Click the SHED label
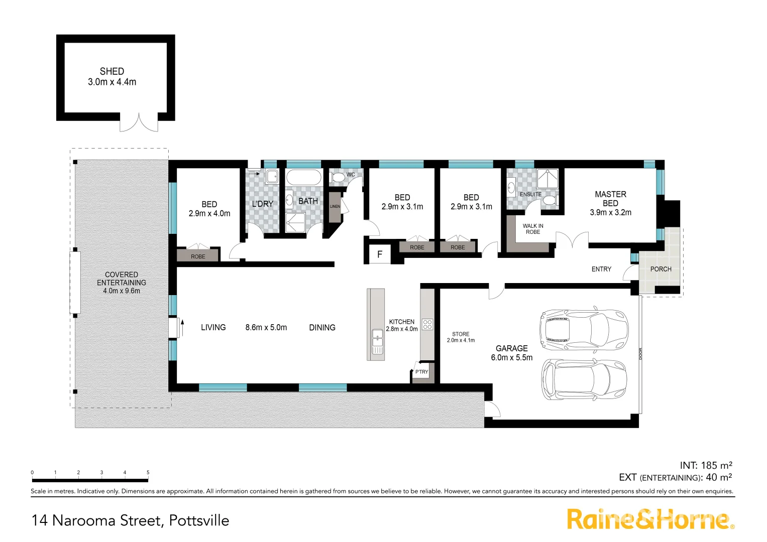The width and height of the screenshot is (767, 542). pos(112,71)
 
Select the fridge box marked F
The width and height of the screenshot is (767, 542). pos(380,254)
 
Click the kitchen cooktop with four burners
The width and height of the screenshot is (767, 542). pos(427,324)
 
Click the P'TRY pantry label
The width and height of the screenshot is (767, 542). pos(421,372)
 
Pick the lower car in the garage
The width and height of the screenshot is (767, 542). pos(584,379)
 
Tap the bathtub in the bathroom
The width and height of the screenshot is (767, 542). pos(303,178)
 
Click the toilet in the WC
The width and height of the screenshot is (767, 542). pos(338,177)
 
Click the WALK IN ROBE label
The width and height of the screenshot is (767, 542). pos(533,229)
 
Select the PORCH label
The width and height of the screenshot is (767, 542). pos(661,269)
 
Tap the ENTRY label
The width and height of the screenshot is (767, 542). pos(601,269)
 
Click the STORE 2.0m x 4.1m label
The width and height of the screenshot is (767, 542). pos(461,337)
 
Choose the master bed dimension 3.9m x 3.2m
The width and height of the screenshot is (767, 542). pos(610,212)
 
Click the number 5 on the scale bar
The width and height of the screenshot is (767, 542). pos(148,472)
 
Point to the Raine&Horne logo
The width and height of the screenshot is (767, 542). pos(650,519)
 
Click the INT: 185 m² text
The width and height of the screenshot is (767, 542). pos(706,465)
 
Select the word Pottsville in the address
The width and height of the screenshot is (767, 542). pos(199,520)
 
